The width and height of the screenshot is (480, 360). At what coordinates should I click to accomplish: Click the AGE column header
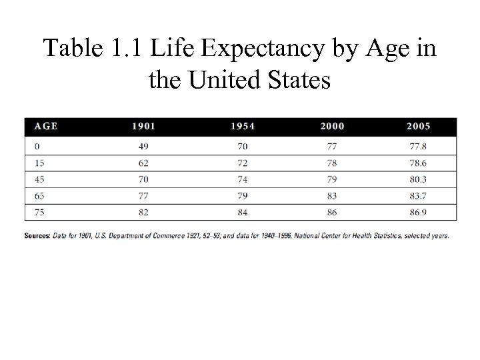[x=46, y=126]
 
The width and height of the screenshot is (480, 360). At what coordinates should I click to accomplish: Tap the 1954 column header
[x=242, y=126]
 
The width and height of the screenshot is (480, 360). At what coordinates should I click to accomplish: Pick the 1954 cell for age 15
[x=242, y=162]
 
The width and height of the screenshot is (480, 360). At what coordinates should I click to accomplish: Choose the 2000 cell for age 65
[x=333, y=195]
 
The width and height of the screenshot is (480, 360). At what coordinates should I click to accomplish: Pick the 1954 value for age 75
[x=242, y=213]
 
